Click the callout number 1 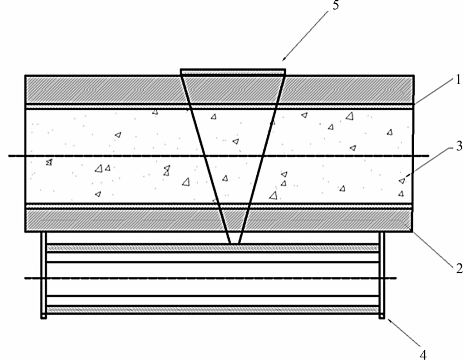457,81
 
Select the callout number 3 458,147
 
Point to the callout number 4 423,354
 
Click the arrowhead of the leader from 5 284,59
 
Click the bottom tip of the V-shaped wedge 235,243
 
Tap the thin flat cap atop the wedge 233,71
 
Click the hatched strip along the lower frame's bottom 213,310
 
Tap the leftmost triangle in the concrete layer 49,162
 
